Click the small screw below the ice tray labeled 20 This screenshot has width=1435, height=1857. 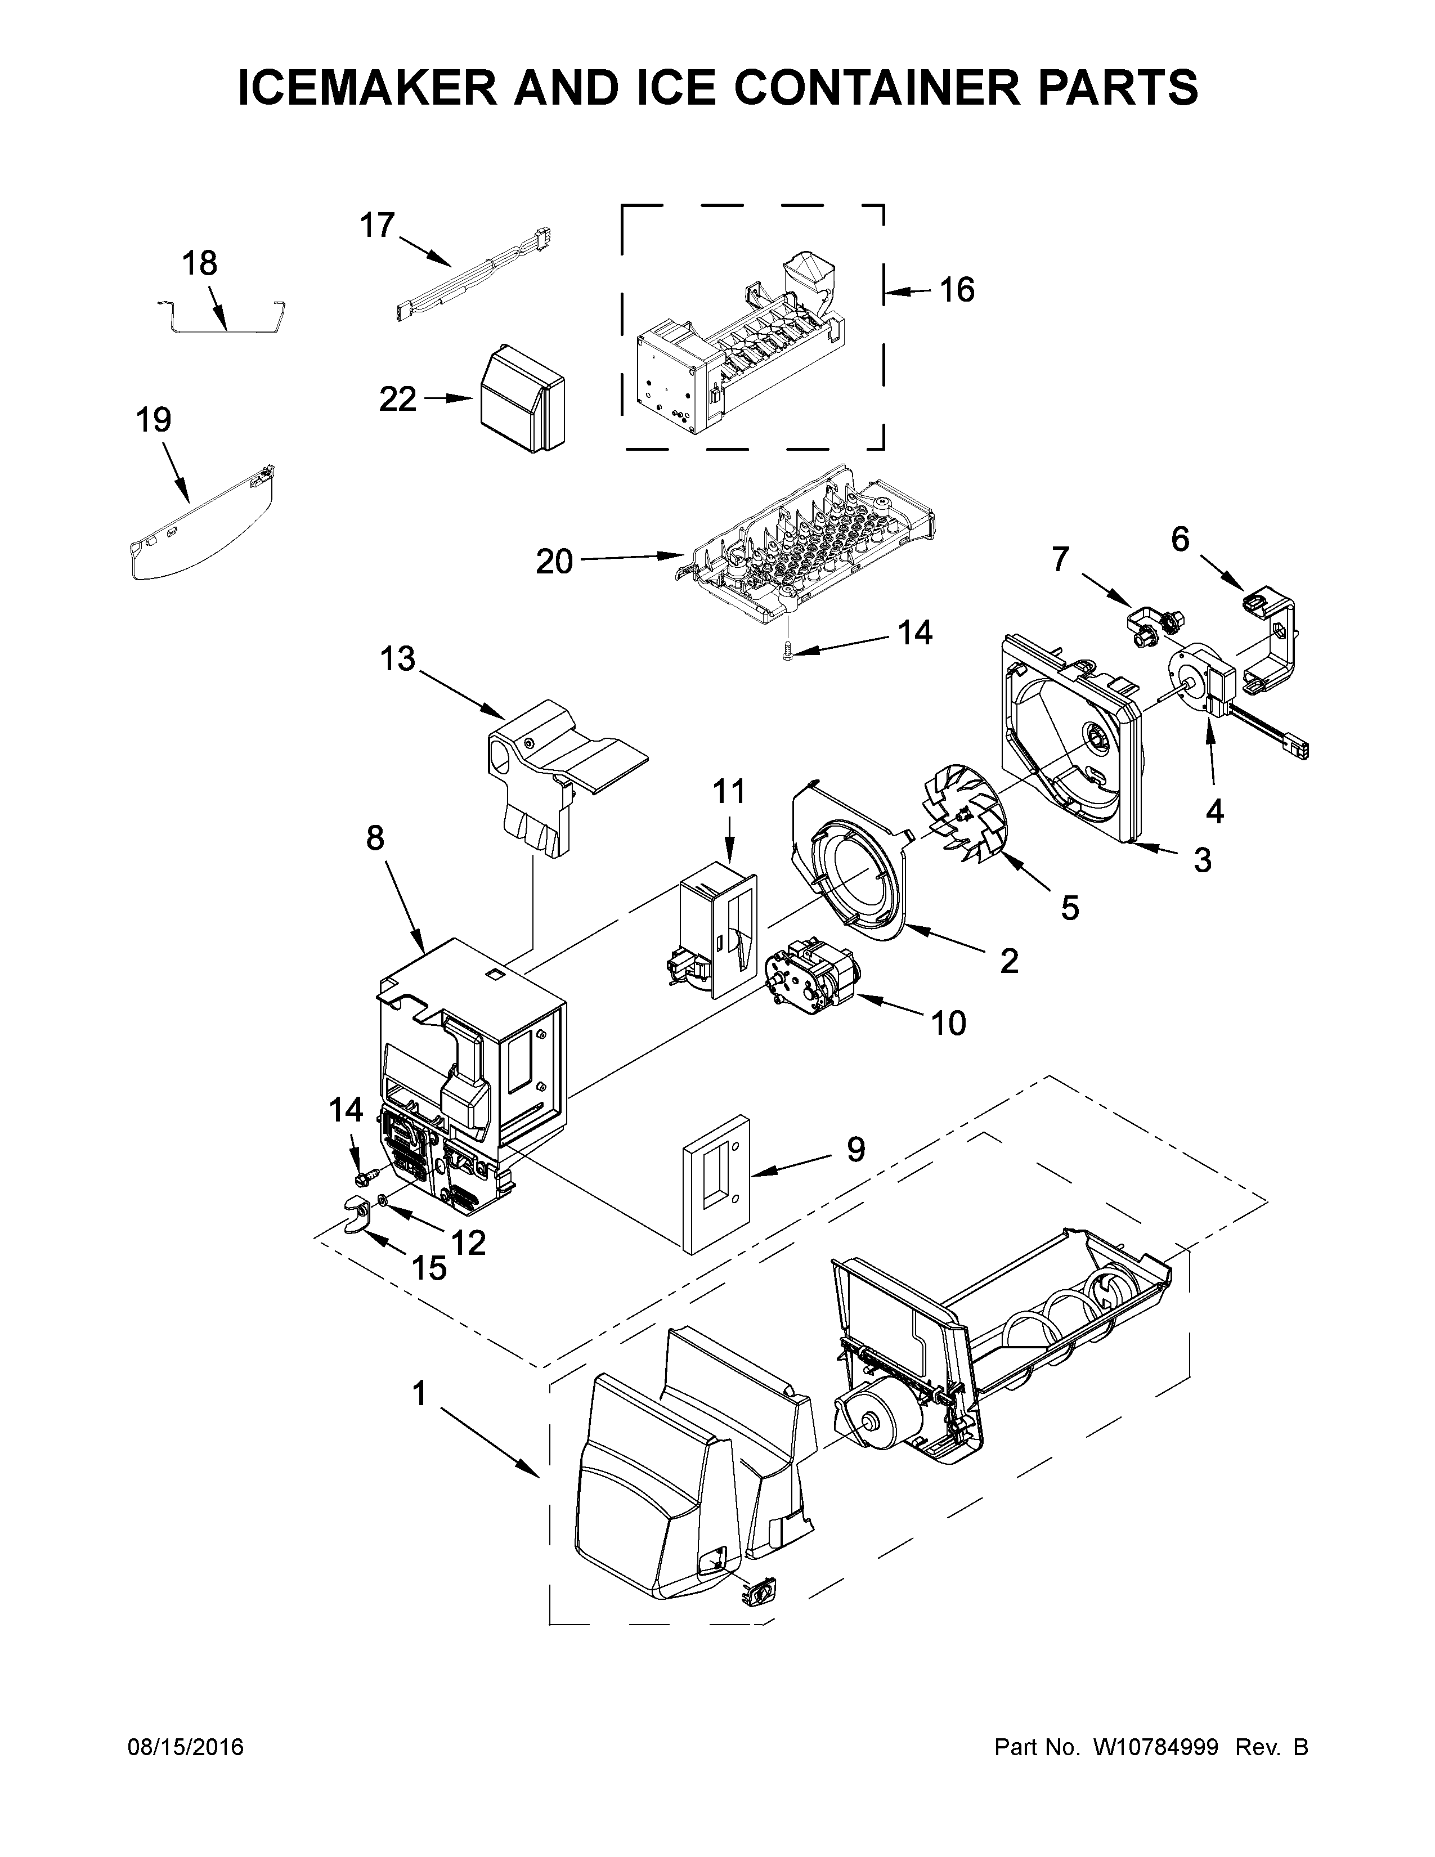787,652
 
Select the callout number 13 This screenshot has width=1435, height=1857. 398,659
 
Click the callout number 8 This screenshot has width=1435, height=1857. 375,838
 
